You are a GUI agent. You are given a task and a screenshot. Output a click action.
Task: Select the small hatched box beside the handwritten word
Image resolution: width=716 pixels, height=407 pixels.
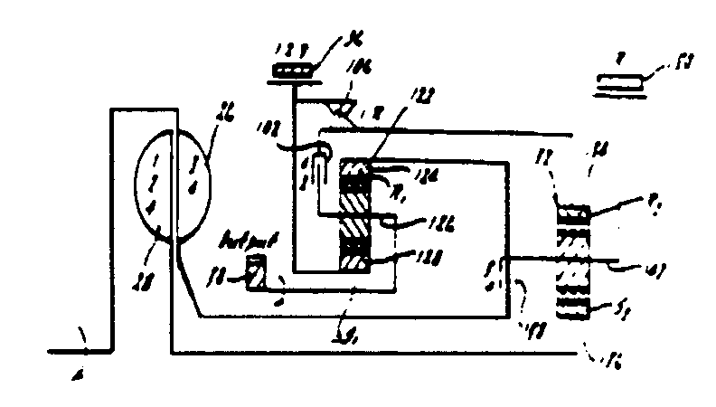[x=257, y=270]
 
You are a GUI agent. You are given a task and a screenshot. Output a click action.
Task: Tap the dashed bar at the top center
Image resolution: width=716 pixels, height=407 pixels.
[x=293, y=71]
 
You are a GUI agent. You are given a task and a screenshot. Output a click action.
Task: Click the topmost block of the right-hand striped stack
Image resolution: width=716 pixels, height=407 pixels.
[x=572, y=213]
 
